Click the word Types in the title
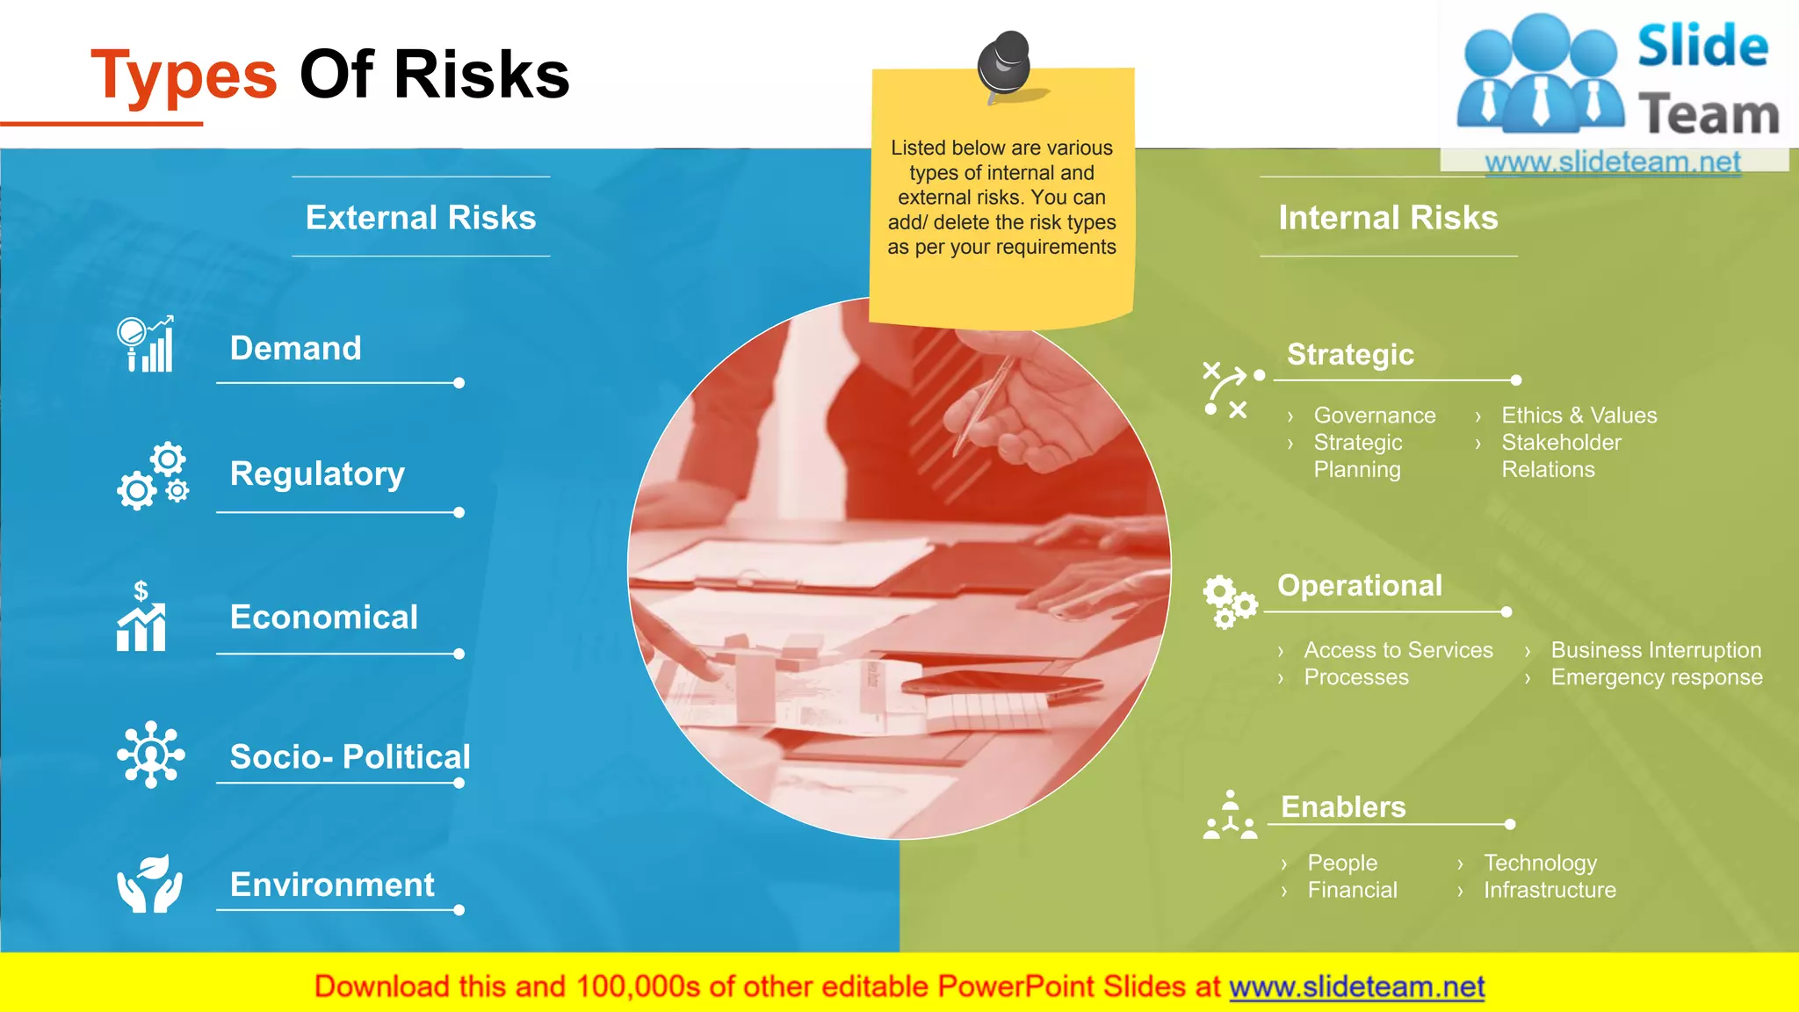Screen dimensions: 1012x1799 point(184,76)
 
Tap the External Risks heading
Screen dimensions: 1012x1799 point(421,218)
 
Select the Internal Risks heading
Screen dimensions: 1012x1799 point(1388,218)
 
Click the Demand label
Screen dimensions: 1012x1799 point(295,349)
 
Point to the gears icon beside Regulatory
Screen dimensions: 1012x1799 point(153,476)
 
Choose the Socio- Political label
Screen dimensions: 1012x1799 point(350,756)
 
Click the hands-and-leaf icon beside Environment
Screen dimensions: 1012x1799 point(150,884)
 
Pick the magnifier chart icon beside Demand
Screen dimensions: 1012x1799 point(146,344)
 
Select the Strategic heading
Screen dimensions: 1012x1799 point(1350,355)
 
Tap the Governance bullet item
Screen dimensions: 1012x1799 point(1374,416)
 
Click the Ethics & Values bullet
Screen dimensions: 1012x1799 point(1579,416)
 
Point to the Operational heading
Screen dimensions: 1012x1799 point(1359,586)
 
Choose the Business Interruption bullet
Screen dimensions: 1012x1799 point(1656,650)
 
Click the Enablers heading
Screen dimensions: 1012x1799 point(1343,807)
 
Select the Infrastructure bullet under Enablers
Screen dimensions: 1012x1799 point(1550,890)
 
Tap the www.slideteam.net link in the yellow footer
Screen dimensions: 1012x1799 point(1356,987)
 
